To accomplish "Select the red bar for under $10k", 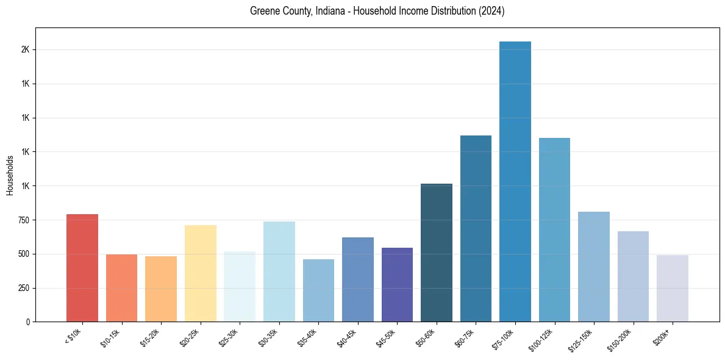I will pos(82,268).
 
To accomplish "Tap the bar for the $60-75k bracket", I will pos(476,229).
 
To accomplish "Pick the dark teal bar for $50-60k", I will pos(437,253).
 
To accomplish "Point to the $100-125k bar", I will pos(554,230).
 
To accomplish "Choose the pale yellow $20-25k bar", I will pos(201,273).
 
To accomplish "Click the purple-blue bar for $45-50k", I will pos(397,284).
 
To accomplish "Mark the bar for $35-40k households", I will pos(318,290).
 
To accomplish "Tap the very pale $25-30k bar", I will pos(240,286).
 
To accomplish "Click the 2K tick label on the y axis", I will pos(25,49).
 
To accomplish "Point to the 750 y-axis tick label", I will pos(23,220).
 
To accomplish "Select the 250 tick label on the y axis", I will pos(23,288).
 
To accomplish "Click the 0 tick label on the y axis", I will pos(28,322).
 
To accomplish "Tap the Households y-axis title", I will pos(10,175).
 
